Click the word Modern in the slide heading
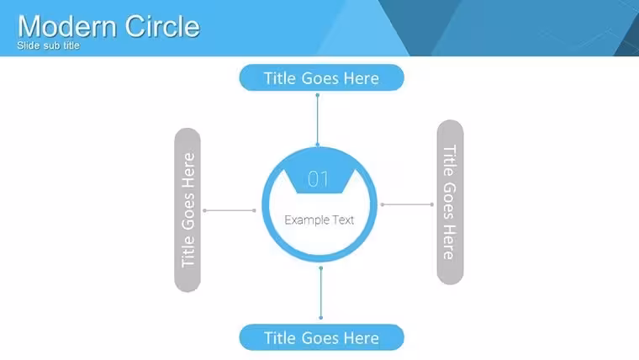(x=68, y=27)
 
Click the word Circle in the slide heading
(x=162, y=27)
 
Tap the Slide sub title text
(x=48, y=45)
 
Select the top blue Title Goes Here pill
(x=321, y=77)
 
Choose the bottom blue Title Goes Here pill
(x=321, y=337)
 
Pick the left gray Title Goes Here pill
(x=187, y=210)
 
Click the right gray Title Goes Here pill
(x=450, y=202)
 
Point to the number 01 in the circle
(x=319, y=178)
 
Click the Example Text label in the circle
(x=319, y=220)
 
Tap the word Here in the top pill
(x=362, y=78)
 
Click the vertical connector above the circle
(x=318, y=120)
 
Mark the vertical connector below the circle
(x=320, y=293)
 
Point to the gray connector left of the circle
(x=230, y=210)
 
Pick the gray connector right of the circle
(x=407, y=204)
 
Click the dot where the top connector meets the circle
(x=318, y=145)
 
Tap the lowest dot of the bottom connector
(x=320, y=318)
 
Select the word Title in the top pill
(x=279, y=78)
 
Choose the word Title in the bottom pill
(x=279, y=338)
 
